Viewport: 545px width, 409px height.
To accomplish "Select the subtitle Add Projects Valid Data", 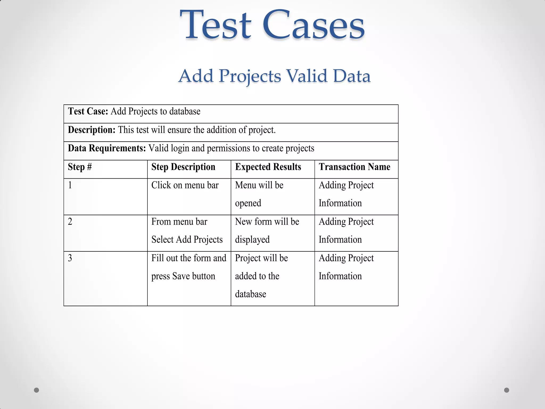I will click(274, 76).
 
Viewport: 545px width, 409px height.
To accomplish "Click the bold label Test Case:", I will click(88, 111).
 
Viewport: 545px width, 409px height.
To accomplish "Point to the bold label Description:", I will click(92, 130).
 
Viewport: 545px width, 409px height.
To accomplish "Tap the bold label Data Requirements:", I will click(107, 148).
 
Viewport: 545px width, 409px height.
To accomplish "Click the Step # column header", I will click(80, 167).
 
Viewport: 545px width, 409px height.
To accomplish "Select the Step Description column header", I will click(183, 167).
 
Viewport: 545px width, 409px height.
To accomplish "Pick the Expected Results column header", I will click(268, 167).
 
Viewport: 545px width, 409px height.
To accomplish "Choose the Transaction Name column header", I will click(354, 167).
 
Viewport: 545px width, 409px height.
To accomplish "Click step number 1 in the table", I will click(70, 185).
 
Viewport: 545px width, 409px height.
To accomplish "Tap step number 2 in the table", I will click(70, 222).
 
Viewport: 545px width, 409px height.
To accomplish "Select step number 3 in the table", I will click(70, 258).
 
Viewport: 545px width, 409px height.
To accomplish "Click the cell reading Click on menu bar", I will click(185, 185).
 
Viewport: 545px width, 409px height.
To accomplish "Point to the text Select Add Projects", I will click(187, 240).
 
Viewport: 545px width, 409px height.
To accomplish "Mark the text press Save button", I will click(183, 276).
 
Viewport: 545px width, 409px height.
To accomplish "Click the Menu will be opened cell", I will click(259, 194).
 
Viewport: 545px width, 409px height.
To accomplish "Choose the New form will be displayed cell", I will click(267, 231).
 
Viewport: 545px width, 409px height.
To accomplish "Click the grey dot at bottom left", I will click(36, 390).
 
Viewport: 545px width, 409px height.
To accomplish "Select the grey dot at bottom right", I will click(507, 390).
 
